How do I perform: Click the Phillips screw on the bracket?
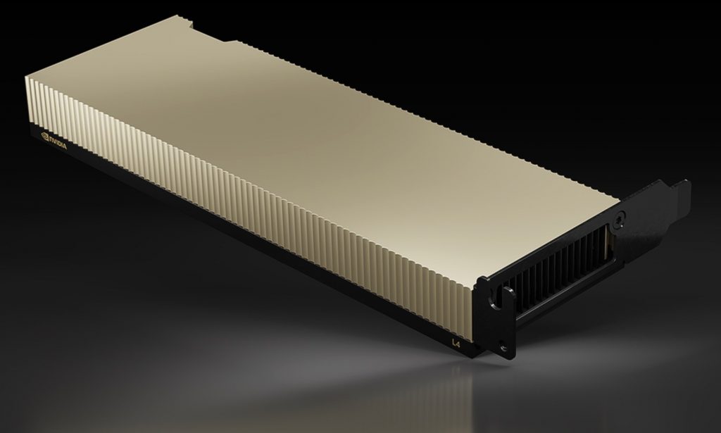click(619, 220)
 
